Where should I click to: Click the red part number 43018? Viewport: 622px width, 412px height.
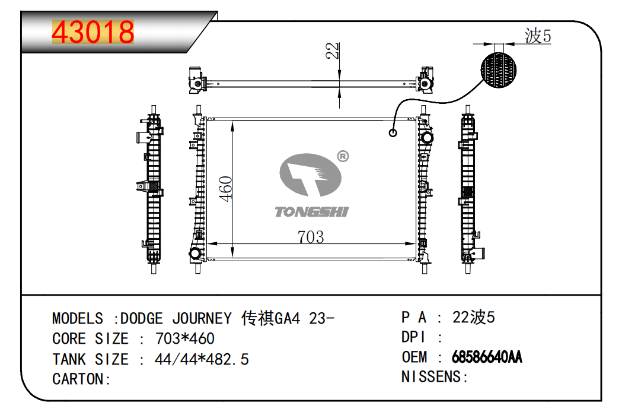[x=93, y=32]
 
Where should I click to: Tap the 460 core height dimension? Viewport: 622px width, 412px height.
[x=226, y=189]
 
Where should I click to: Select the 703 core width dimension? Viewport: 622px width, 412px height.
[x=311, y=237]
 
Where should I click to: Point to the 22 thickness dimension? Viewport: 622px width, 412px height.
[x=333, y=50]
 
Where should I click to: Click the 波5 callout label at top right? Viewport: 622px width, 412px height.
[x=538, y=36]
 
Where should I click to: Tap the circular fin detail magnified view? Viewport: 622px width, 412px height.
[x=499, y=69]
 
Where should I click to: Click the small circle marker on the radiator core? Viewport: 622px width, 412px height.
[x=393, y=133]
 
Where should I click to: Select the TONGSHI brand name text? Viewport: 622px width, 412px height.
[x=312, y=212]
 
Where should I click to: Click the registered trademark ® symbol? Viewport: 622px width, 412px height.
[x=343, y=156]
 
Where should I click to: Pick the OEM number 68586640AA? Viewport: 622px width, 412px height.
[x=487, y=357]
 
